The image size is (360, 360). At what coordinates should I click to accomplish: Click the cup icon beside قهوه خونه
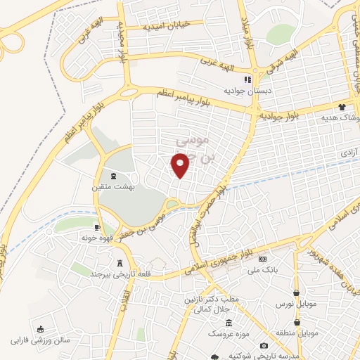pos(98,227)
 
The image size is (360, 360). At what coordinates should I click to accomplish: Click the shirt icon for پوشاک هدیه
pos(342,107)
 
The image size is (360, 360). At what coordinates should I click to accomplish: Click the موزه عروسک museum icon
pos(229,323)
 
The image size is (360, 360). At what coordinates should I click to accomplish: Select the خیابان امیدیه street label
pos(167,25)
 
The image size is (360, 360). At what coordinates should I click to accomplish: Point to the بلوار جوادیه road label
pos(285,112)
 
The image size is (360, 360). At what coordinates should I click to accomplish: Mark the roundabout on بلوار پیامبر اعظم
pos(127,92)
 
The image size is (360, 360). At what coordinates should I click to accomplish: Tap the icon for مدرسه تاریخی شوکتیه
pos(264,346)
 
